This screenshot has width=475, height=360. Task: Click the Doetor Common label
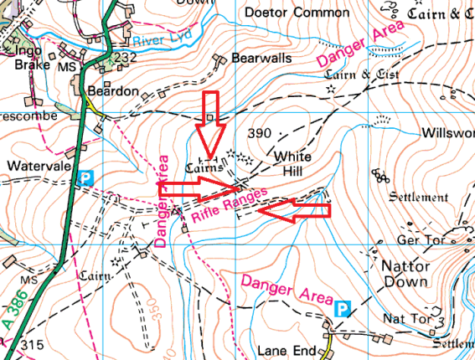click(x=297, y=13)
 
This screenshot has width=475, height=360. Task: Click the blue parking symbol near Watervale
click(x=85, y=177)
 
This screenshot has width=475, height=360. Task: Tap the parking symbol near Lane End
click(x=342, y=309)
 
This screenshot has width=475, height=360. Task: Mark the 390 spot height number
click(x=261, y=134)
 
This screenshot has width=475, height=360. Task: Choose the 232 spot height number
click(x=125, y=57)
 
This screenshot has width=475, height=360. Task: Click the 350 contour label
click(x=156, y=307)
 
